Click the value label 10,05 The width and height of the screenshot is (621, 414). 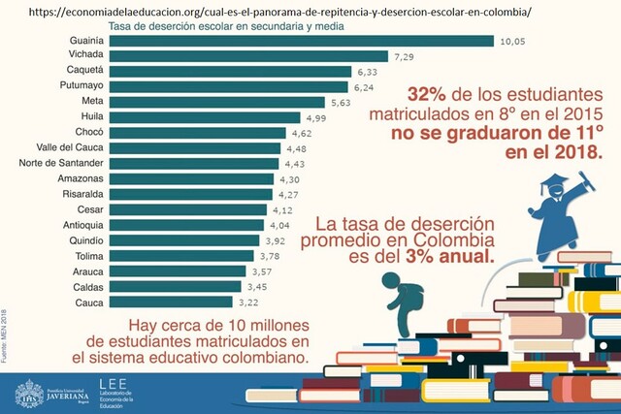pyautogui.click(x=513, y=41)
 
